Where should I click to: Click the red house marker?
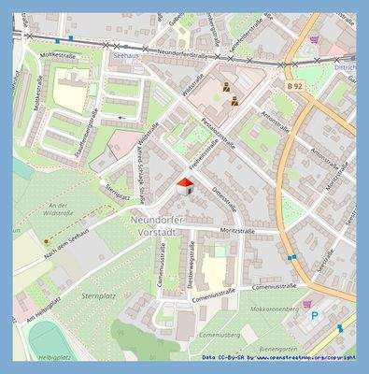186,185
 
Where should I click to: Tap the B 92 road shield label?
294,86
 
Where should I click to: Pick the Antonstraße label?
280,122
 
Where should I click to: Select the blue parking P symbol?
314,316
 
